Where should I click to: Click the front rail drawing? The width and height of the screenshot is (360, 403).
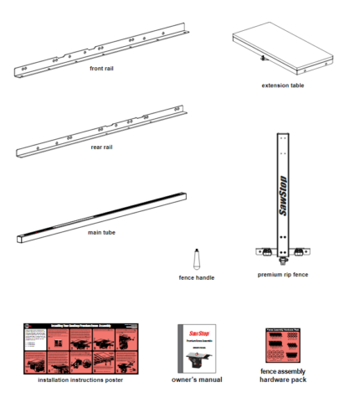(x=100, y=52)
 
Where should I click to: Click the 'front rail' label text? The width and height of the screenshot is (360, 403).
(x=102, y=69)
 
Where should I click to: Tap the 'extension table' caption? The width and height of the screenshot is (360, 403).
(x=283, y=85)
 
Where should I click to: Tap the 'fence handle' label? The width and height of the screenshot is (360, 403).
(x=198, y=277)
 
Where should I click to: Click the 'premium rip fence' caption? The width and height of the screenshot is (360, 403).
(x=284, y=273)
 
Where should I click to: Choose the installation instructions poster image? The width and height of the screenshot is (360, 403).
(x=80, y=349)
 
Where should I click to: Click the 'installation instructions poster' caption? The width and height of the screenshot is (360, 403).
(x=80, y=380)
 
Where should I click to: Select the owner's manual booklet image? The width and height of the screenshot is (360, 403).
(x=197, y=349)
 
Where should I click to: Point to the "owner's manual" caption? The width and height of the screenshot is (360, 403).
(x=197, y=380)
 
